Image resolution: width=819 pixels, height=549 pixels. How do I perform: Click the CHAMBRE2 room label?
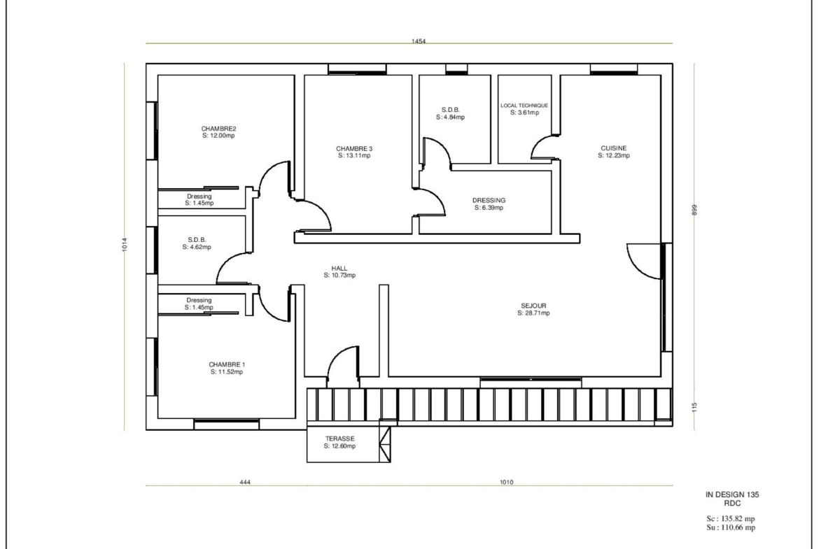coord(219,129)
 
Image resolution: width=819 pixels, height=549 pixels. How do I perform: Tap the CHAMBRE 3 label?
coord(354,149)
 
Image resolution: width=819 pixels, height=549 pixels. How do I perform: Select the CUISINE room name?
coord(613,148)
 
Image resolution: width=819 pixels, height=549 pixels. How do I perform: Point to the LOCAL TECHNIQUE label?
coord(524,106)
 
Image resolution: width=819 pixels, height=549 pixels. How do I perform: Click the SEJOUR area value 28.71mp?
coord(533,313)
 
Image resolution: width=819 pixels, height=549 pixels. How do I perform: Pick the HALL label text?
coord(339,269)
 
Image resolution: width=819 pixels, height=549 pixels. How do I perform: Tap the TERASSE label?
coord(339,439)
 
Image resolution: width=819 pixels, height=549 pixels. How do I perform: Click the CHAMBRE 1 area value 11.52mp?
coord(227,372)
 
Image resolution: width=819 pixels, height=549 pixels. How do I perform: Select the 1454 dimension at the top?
coord(419,41)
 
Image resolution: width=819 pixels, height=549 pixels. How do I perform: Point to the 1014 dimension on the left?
coord(125,244)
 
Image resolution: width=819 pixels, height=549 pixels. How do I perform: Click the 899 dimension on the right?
coord(694,209)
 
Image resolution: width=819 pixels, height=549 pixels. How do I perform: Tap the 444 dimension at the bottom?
coord(245,482)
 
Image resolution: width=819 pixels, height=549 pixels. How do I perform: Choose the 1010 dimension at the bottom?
coord(506,482)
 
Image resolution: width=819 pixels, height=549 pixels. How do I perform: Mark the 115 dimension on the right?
coord(694,406)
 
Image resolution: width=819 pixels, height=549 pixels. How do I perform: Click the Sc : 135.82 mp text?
coord(731,519)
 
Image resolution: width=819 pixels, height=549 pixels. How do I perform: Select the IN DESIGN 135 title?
coord(731,494)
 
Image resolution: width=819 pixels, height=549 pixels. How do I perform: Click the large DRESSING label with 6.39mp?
coord(489,201)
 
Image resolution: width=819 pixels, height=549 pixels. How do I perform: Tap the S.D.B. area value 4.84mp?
coord(450,117)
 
